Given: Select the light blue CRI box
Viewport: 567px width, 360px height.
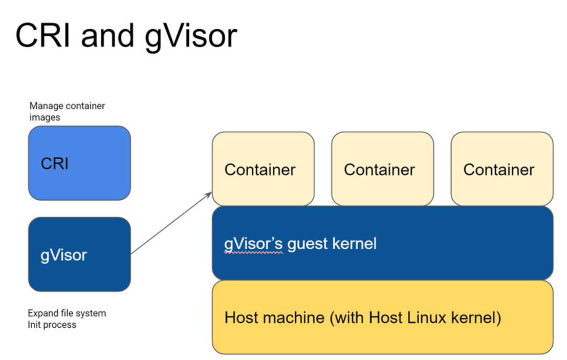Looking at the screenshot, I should point(79,163).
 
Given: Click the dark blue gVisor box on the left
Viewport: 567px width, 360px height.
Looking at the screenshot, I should point(79,255).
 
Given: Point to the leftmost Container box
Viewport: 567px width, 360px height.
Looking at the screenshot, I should point(263,169).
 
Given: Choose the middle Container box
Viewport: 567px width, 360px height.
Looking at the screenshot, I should point(382,169).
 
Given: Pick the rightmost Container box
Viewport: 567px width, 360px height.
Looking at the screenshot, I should point(501,169).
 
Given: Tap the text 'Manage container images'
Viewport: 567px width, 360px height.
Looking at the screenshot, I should point(67,112).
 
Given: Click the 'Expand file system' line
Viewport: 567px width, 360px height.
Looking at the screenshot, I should point(67,313).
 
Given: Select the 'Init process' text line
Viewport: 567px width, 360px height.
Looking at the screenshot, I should point(52,324).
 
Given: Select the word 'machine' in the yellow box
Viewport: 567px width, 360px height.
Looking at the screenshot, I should point(293,317).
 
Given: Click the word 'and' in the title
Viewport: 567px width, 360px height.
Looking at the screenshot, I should point(106,36).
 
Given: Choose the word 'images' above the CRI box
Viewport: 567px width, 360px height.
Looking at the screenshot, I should point(45,117).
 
